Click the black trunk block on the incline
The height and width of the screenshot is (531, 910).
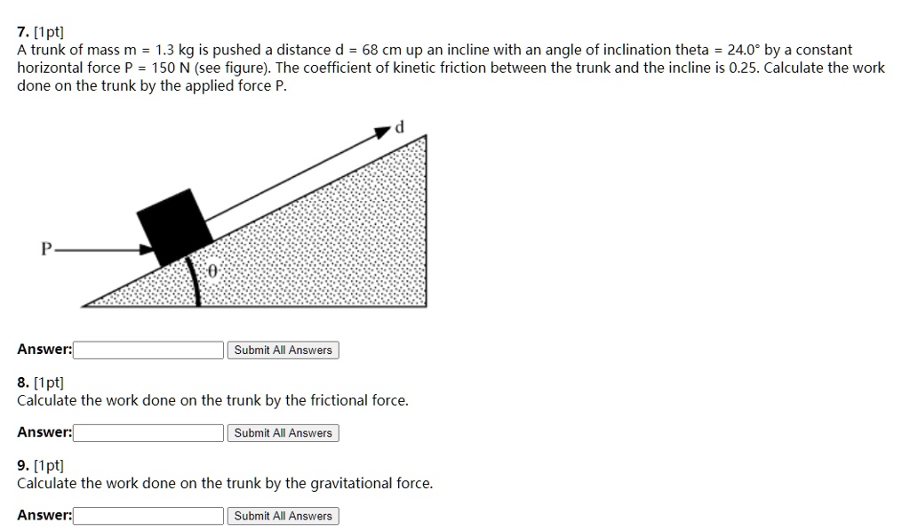coord(174,226)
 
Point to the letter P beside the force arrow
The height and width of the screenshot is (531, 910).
coord(45,250)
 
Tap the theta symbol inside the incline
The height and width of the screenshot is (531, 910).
coord(213,271)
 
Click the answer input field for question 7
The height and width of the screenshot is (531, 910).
coord(148,350)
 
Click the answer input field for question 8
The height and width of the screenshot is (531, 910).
coord(148,433)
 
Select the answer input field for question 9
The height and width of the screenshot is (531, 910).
coord(148,516)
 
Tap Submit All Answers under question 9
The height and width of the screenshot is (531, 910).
coord(283,516)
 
